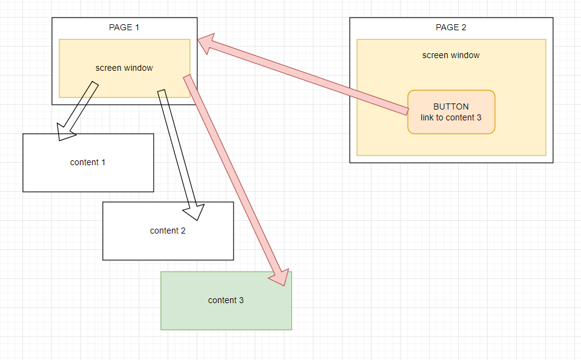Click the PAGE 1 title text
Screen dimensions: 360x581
coord(124,27)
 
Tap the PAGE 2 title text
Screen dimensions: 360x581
coord(451,27)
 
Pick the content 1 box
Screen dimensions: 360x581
coord(88,175)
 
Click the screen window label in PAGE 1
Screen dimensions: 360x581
coord(124,68)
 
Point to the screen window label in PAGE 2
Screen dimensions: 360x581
coord(451,55)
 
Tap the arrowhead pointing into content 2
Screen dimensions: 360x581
coord(193,211)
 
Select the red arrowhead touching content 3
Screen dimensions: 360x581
coord(278,275)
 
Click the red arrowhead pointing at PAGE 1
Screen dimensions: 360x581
coord(208,45)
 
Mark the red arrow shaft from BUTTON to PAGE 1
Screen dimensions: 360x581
coord(309,78)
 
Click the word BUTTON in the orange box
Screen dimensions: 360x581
coord(451,106)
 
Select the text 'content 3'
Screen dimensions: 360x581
coord(226,300)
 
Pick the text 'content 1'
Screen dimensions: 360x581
coord(88,162)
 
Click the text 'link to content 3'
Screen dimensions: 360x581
coord(451,117)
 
